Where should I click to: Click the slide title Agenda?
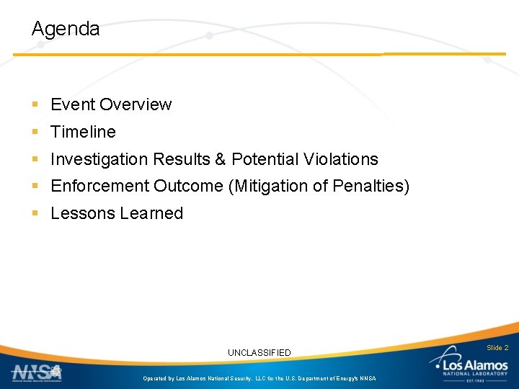coord(66,30)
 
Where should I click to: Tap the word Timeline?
coord(83,132)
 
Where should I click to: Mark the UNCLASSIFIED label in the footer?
coord(259,352)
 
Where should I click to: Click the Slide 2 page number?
coord(497,348)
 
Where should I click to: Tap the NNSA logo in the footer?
coord(37,372)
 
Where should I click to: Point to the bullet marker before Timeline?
coord(35,133)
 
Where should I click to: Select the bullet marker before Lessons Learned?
coord(35,214)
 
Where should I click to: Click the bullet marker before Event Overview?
coord(35,105)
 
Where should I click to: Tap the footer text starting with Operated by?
coord(259,378)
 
